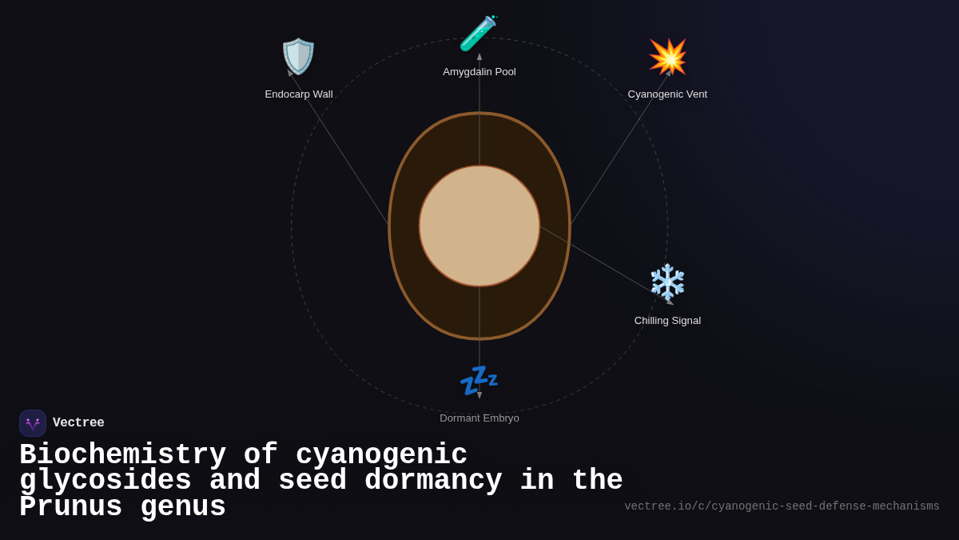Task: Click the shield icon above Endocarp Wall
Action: (298, 57)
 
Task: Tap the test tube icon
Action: (478, 34)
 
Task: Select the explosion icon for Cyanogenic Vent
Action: (667, 57)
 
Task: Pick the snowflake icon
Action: (667, 282)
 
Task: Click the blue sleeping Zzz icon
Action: (479, 380)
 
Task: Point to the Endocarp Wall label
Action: (299, 94)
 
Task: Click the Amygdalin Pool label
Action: (479, 72)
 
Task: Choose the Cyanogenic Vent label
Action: (667, 94)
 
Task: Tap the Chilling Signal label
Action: (667, 321)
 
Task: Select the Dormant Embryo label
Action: (479, 418)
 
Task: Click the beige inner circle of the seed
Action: (479, 226)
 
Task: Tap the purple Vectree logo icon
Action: (33, 423)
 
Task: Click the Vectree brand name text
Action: (78, 423)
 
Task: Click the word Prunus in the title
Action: (70, 507)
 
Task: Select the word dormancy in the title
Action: (433, 481)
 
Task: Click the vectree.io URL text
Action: (782, 506)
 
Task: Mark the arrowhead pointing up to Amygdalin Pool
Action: (479, 57)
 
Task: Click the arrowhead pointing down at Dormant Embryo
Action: (479, 395)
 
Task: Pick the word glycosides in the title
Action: (105, 481)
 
